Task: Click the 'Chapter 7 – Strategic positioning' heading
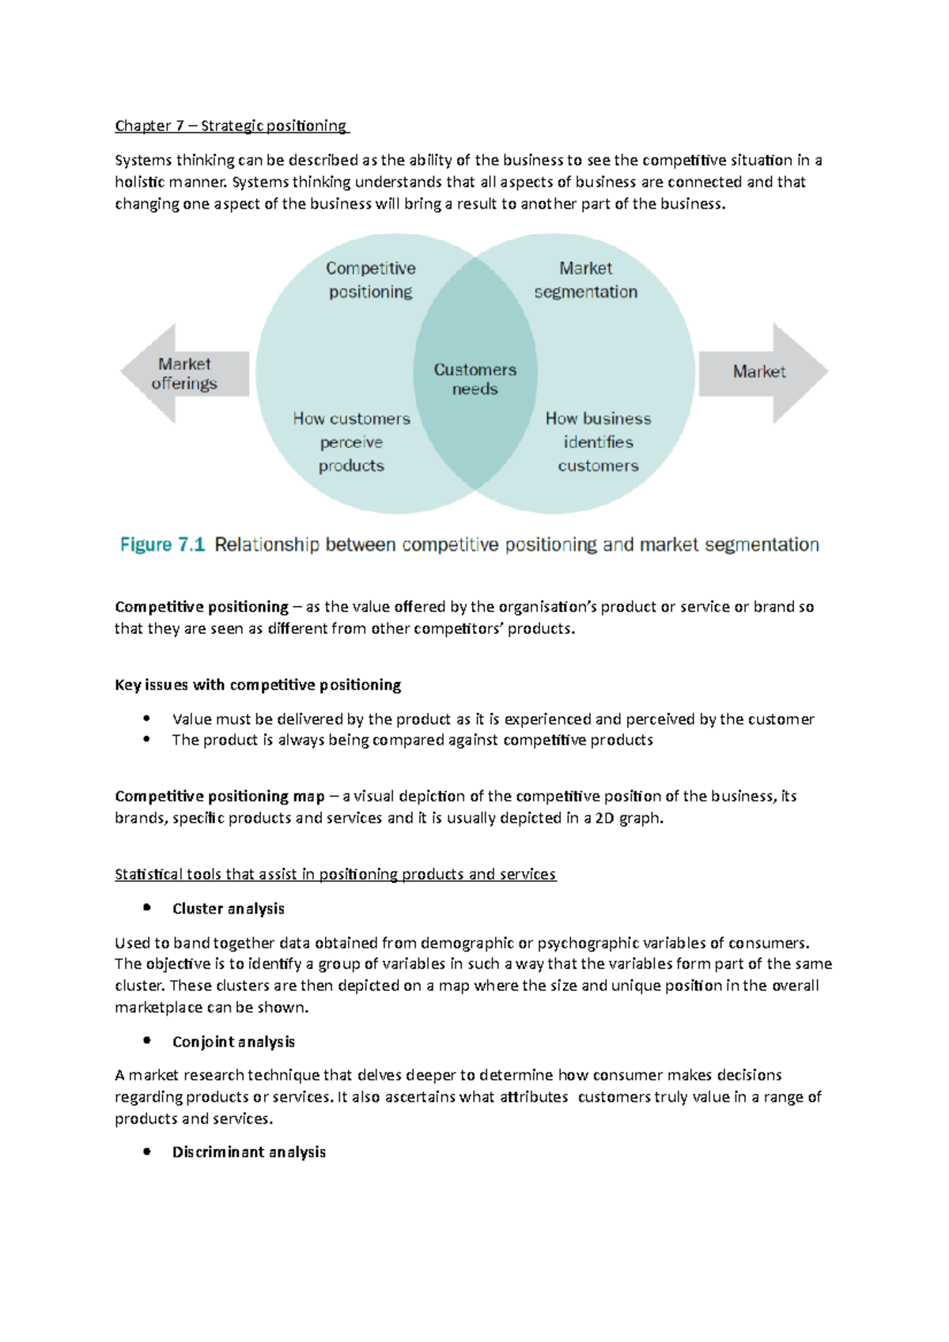click(231, 126)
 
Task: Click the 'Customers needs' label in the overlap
click(475, 379)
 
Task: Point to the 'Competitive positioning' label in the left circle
click(370, 280)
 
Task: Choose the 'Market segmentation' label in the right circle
click(585, 280)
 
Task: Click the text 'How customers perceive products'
click(351, 442)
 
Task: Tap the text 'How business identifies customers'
click(598, 442)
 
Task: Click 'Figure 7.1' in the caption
click(162, 545)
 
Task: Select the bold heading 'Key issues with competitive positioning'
click(258, 685)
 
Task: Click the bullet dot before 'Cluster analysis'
click(147, 908)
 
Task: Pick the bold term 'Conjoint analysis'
click(233, 1042)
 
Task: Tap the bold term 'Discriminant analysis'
click(249, 1152)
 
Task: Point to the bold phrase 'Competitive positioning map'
click(220, 796)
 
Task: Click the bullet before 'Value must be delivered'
click(147, 718)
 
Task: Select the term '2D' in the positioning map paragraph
click(604, 818)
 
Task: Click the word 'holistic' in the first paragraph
click(139, 182)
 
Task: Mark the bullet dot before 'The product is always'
click(147, 740)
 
